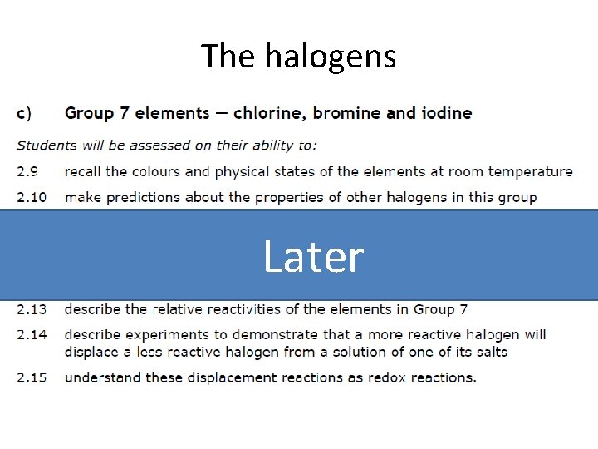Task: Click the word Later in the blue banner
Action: click(313, 257)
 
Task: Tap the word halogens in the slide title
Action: click(330, 57)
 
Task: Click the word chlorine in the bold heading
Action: click(270, 113)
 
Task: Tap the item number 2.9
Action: click(27, 172)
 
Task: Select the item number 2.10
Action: click(32, 198)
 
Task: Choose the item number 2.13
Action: click(32, 309)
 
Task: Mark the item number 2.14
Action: click(32, 335)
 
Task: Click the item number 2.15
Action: click(32, 378)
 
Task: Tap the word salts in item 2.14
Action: click(488, 353)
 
